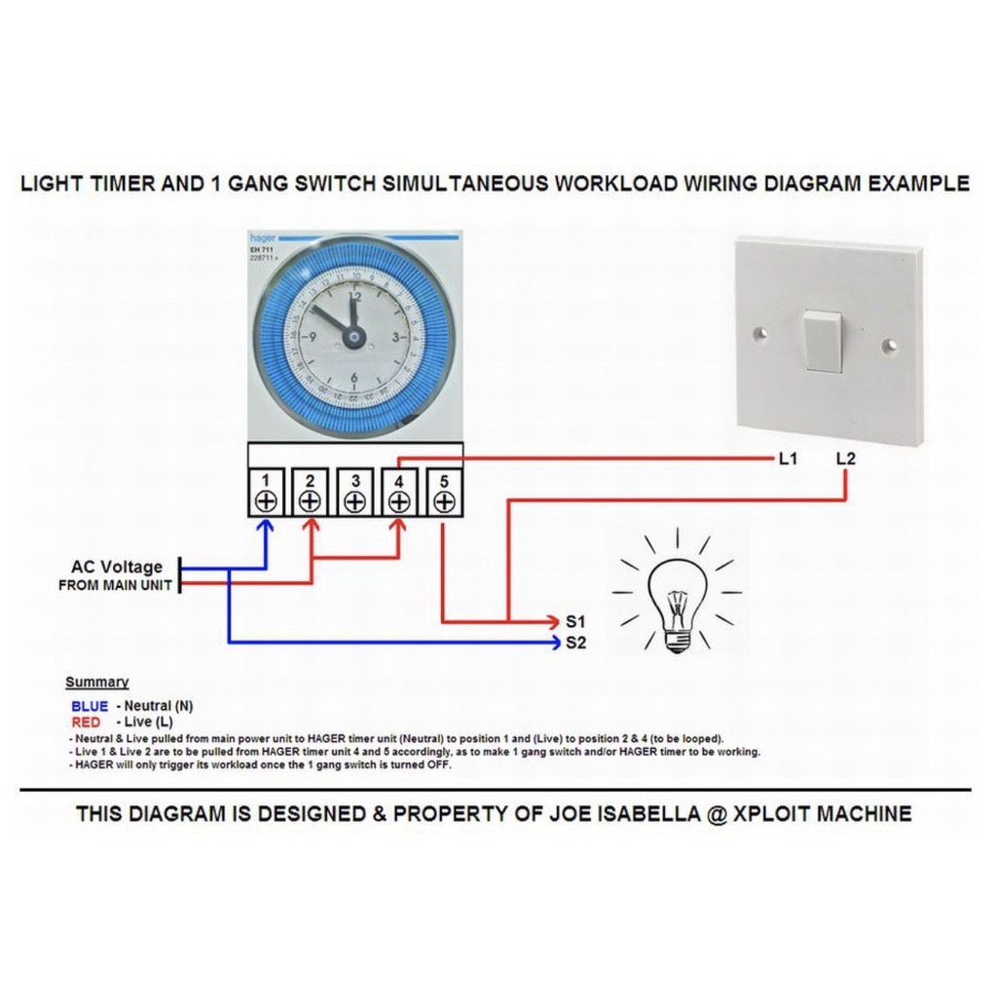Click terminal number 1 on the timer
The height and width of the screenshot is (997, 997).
click(x=266, y=492)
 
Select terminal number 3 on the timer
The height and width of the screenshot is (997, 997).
click(x=355, y=492)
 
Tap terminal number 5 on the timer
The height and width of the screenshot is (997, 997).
click(x=444, y=492)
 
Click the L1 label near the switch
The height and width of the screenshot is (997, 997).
click(x=788, y=459)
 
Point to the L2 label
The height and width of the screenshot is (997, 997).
click(x=846, y=459)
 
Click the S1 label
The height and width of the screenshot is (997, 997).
click(x=575, y=621)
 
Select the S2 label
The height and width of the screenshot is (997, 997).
click(x=575, y=643)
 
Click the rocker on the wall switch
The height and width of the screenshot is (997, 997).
click(x=824, y=341)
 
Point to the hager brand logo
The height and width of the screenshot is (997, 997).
click(x=262, y=238)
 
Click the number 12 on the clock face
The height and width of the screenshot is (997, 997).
click(x=354, y=299)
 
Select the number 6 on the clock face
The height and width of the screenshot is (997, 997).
click(x=354, y=380)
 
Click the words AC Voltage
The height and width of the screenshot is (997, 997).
click(x=117, y=567)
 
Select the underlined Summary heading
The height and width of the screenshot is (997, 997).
click(x=96, y=683)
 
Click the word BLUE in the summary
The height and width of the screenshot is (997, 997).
click(x=90, y=706)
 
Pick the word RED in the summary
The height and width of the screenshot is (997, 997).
click(x=86, y=722)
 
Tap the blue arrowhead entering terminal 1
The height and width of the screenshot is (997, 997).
click(x=266, y=527)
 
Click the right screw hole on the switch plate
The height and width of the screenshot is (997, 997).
click(x=889, y=345)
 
